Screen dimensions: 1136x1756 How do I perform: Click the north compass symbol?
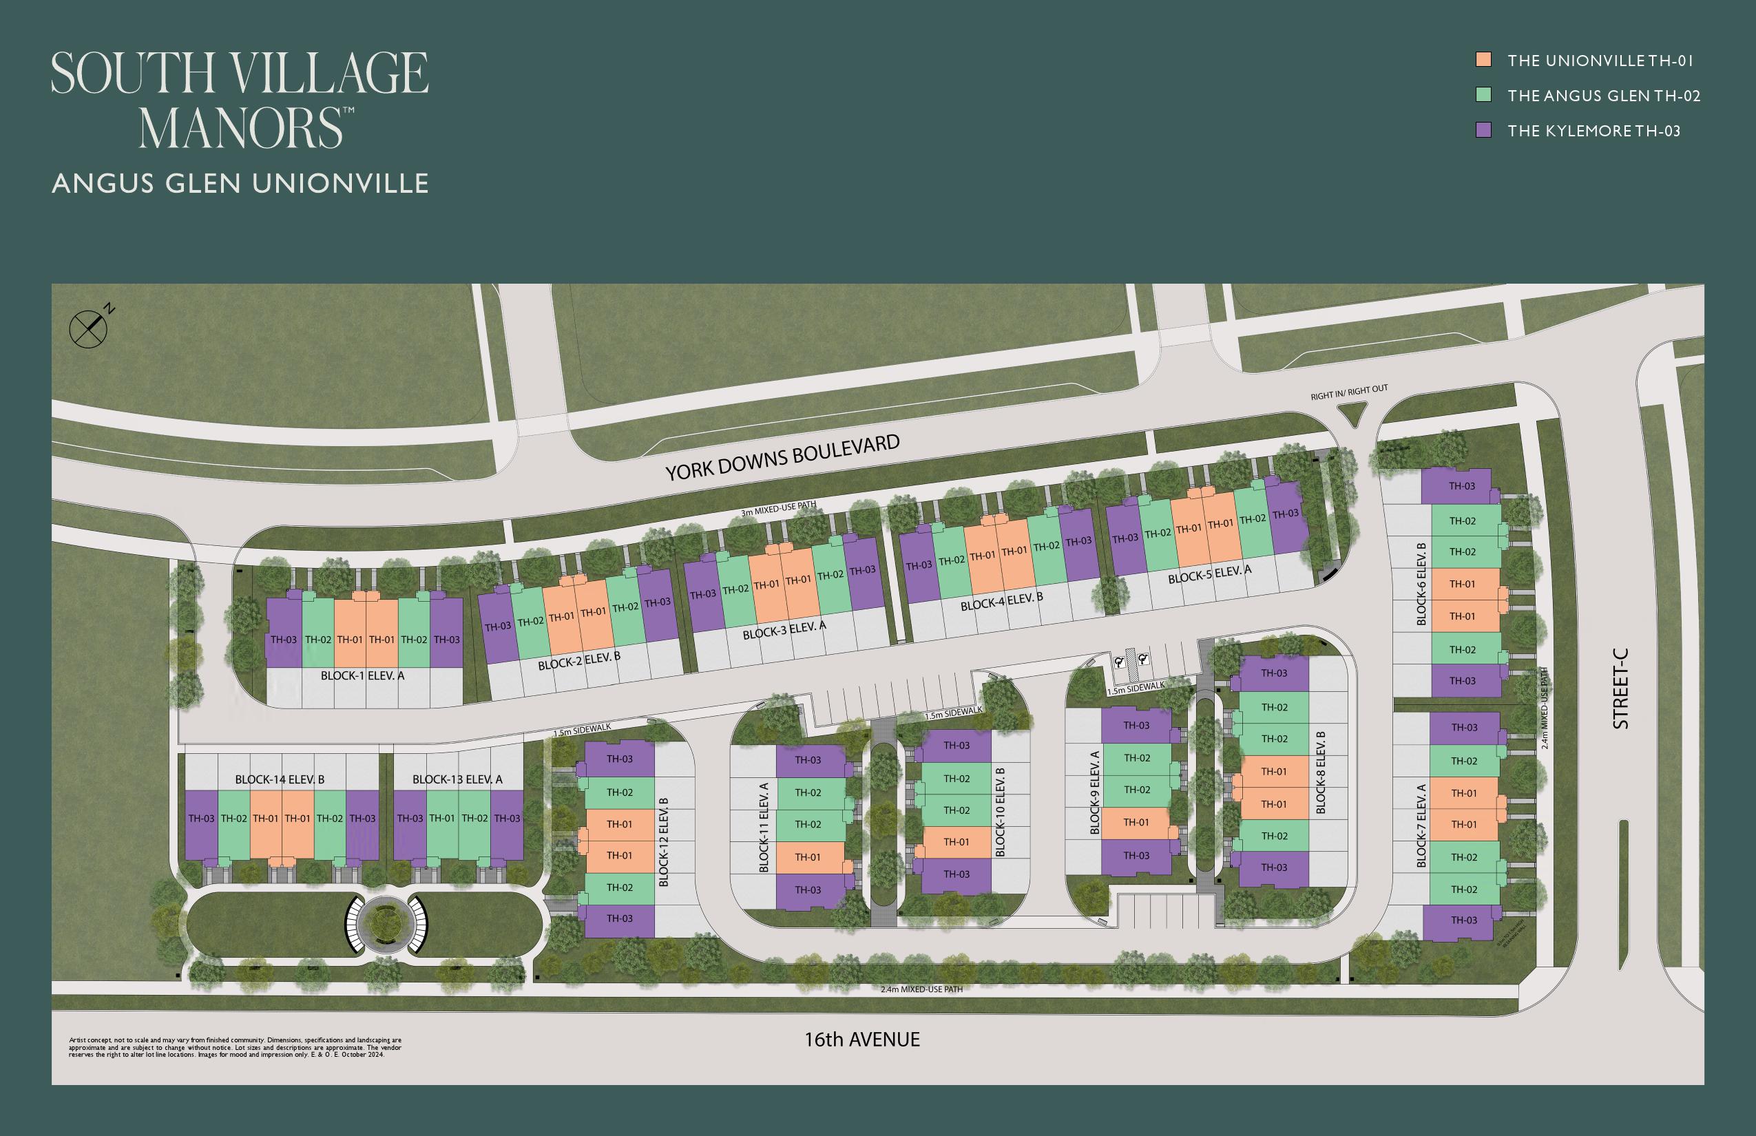(x=89, y=329)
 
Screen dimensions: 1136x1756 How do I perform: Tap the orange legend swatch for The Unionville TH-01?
(x=1483, y=60)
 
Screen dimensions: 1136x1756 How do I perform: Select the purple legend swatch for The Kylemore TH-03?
(x=1483, y=131)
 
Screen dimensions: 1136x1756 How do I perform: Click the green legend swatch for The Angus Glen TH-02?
(x=1483, y=95)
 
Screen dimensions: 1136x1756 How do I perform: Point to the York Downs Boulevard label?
(x=782, y=457)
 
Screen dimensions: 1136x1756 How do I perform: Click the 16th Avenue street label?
(x=861, y=1040)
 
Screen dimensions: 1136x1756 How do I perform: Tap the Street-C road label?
(x=1621, y=688)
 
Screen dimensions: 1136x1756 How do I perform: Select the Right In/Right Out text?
(x=1349, y=392)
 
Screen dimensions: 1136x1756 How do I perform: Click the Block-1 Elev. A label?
(x=362, y=675)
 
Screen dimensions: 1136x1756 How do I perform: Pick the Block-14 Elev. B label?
(x=280, y=779)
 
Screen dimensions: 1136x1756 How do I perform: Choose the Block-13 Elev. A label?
(x=457, y=779)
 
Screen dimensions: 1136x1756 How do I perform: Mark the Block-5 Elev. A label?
(x=1209, y=575)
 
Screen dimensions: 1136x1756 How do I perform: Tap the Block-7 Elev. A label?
(x=1421, y=825)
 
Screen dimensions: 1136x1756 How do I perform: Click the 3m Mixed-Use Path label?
(x=778, y=509)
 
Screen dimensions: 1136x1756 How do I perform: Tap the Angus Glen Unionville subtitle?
(x=240, y=183)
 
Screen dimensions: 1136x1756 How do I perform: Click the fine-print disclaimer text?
(x=236, y=1047)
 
